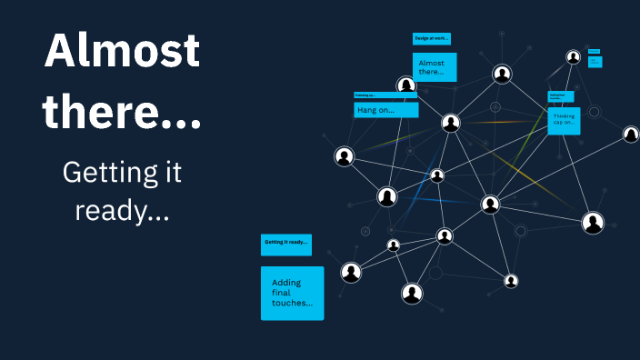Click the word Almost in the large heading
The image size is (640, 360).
[122, 51]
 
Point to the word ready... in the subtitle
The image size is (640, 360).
[122, 211]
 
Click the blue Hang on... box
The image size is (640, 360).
[385, 110]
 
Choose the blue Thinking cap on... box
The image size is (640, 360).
[564, 120]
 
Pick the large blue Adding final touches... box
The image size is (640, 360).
[292, 293]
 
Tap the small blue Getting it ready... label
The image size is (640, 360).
[286, 243]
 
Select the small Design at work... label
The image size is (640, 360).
[431, 39]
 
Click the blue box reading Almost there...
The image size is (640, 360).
[435, 66]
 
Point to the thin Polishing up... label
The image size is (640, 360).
[384, 95]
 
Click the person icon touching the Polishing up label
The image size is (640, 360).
[406, 85]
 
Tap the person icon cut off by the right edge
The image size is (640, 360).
[631, 135]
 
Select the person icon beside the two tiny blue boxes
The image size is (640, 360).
[573, 57]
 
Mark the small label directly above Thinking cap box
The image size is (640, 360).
[560, 95]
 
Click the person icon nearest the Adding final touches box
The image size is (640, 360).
[351, 272]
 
